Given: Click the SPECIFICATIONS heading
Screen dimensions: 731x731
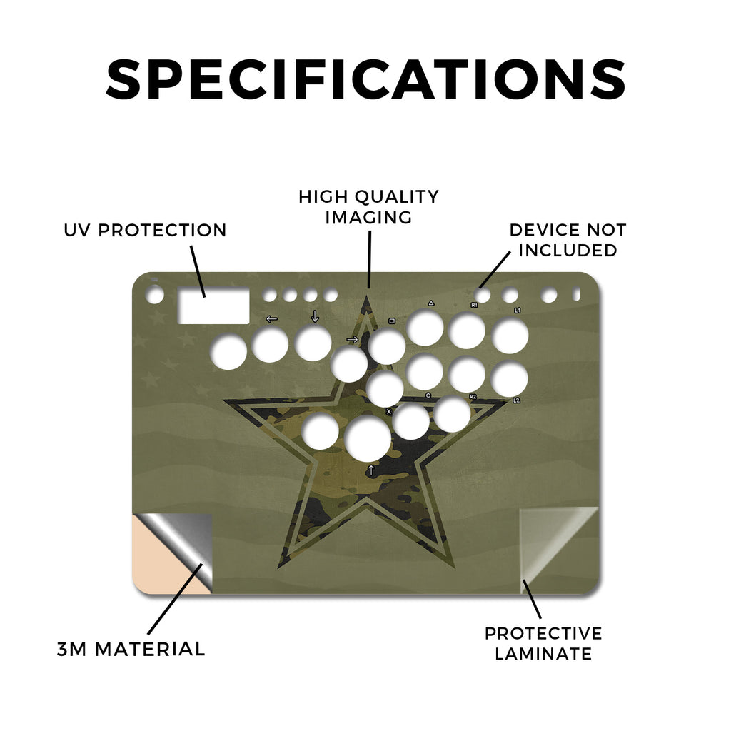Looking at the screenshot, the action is click(365, 79).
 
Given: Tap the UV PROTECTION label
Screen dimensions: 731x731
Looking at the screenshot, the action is click(145, 231).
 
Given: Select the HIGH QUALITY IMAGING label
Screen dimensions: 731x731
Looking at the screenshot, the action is click(369, 207).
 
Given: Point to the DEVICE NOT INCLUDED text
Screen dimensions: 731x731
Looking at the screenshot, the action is click(568, 240).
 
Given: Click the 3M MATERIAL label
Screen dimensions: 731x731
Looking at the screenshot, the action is click(131, 649).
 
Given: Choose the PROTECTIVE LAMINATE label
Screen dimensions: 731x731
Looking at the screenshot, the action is click(543, 644).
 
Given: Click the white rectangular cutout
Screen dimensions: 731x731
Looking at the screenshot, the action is click(214, 306).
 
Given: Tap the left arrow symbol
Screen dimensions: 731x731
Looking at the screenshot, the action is click(271, 319).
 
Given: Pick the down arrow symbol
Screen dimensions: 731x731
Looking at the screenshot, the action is click(315, 316).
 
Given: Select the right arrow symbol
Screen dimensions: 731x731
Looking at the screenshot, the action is click(353, 339).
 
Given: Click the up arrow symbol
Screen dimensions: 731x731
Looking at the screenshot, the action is click(371, 470).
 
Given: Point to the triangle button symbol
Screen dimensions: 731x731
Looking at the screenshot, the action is click(431, 303).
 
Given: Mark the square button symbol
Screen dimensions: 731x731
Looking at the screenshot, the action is click(392, 321).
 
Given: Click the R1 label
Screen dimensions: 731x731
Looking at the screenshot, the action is click(474, 305).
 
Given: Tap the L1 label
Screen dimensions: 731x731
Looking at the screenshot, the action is click(518, 310).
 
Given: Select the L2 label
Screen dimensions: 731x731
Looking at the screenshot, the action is click(516, 400).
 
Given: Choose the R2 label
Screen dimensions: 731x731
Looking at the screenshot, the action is click(473, 397).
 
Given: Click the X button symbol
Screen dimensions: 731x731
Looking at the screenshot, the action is click(389, 412).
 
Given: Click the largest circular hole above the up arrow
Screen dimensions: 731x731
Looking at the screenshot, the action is click(368, 438).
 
